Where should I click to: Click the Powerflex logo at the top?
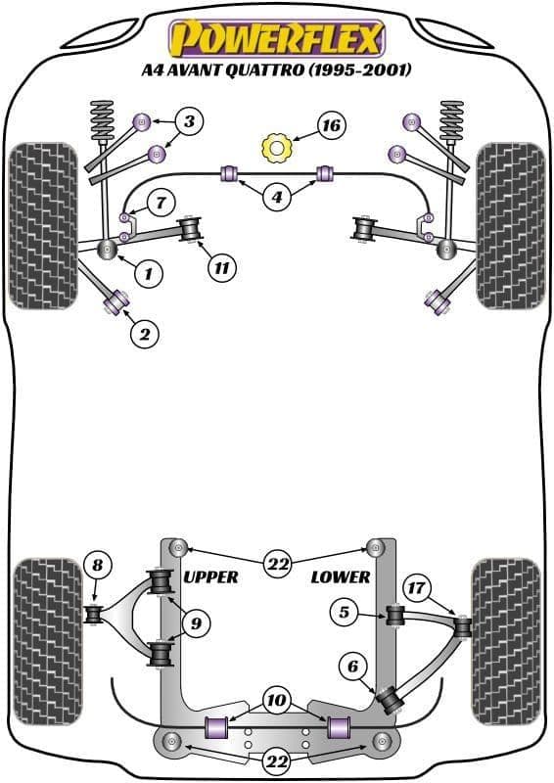pos(277,39)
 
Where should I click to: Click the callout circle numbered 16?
pos(331,125)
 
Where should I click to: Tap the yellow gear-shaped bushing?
pos(276,148)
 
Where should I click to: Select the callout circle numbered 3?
pos(189,120)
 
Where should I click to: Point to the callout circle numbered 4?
pos(277,198)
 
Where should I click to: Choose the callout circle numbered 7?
pos(161,203)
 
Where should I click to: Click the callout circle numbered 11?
pos(222,268)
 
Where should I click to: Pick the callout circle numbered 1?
pos(149,273)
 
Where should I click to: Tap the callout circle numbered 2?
pos(144,334)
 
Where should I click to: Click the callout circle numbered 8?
pos(97,565)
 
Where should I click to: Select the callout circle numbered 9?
pos(197,622)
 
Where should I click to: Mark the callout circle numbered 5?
pos(345,612)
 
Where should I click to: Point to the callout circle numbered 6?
pos(353,667)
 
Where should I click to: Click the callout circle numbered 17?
pos(416,587)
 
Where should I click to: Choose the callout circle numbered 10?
pos(276,700)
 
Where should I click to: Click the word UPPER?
pos(210,577)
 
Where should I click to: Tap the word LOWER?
pos(341,577)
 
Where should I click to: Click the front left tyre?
pos(43,226)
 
